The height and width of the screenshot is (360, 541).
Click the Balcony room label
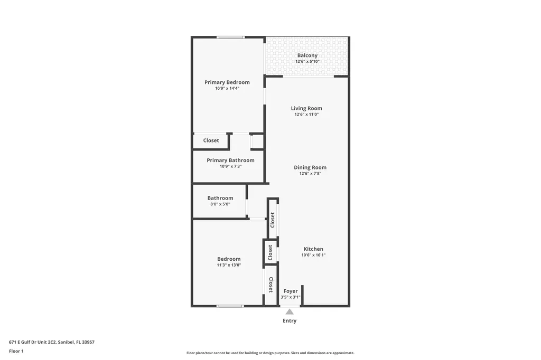click(x=307, y=55)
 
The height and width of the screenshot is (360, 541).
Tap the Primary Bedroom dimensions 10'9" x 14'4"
click(x=227, y=89)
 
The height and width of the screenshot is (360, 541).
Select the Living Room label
click(x=306, y=108)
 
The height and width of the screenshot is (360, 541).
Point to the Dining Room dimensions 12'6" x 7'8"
click(x=310, y=174)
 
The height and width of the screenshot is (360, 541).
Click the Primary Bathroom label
click(x=230, y=160)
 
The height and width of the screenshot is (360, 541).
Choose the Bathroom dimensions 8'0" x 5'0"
click(x=220, y=204)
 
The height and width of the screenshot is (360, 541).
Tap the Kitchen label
click(x=313, y=249)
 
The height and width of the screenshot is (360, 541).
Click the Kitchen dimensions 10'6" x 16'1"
click(x=313, y=255)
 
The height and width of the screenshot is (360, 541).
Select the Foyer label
click(x=291, y=291)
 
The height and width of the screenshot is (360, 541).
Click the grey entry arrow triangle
click(x=290, y=311)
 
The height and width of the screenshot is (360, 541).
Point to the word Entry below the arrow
click(x=290, y=321)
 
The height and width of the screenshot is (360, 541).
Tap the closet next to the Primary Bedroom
click(x=211, y=141)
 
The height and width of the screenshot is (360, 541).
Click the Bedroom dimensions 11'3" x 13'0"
click(x=229, y=266)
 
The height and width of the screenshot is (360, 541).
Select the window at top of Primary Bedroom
click(x=230, y=37)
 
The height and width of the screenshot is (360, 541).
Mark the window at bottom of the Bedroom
click(x=230, y=306)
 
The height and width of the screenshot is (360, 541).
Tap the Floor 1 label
click(x=16, y=351)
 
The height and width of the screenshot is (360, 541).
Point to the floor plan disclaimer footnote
click(x=270, y=353)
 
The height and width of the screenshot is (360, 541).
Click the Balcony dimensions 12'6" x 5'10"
click(x=307, y=62)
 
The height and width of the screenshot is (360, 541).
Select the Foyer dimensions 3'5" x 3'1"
click(x=291, y=297)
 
